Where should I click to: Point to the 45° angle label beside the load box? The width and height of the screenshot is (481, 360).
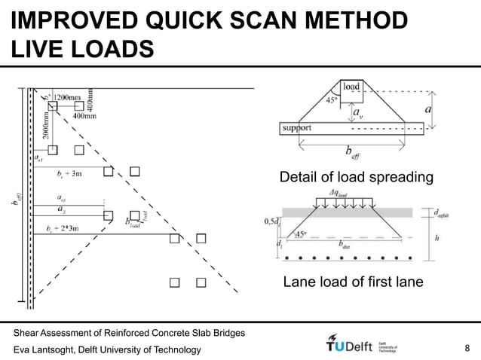click(x=330, y=99)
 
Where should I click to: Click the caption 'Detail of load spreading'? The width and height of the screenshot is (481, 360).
click(x=356, y=178)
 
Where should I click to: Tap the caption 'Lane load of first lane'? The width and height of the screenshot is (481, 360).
click(x=353, y=283)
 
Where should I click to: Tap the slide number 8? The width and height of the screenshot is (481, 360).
click(x=468, y=348)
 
